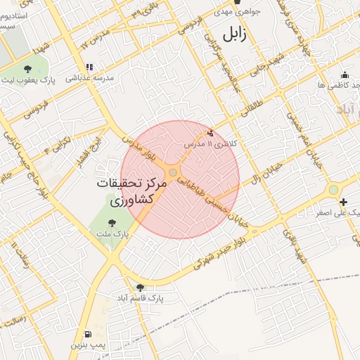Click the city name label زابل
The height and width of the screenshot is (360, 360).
pyautogui.click(x=235, y=34)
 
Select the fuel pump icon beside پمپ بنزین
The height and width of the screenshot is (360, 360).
pyautogui.click(x=87, y=334)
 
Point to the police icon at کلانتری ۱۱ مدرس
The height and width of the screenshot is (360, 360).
pyautogui.click(x=210, y=132)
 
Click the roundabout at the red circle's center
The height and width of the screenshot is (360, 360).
pyautogui.click(x=173, y=172)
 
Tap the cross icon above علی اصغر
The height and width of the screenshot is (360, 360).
pyautogui.click(x=343, y=202)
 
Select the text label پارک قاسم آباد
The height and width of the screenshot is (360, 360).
pyautogui.click(x=140, y=298)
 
